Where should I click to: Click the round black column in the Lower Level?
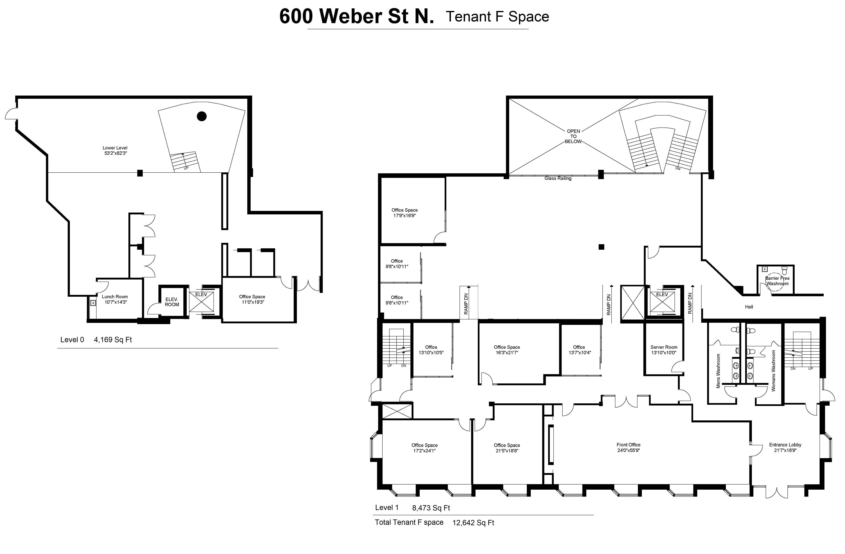202,116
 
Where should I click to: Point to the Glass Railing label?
558,178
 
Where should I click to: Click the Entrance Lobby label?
785,445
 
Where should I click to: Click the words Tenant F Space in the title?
497,17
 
